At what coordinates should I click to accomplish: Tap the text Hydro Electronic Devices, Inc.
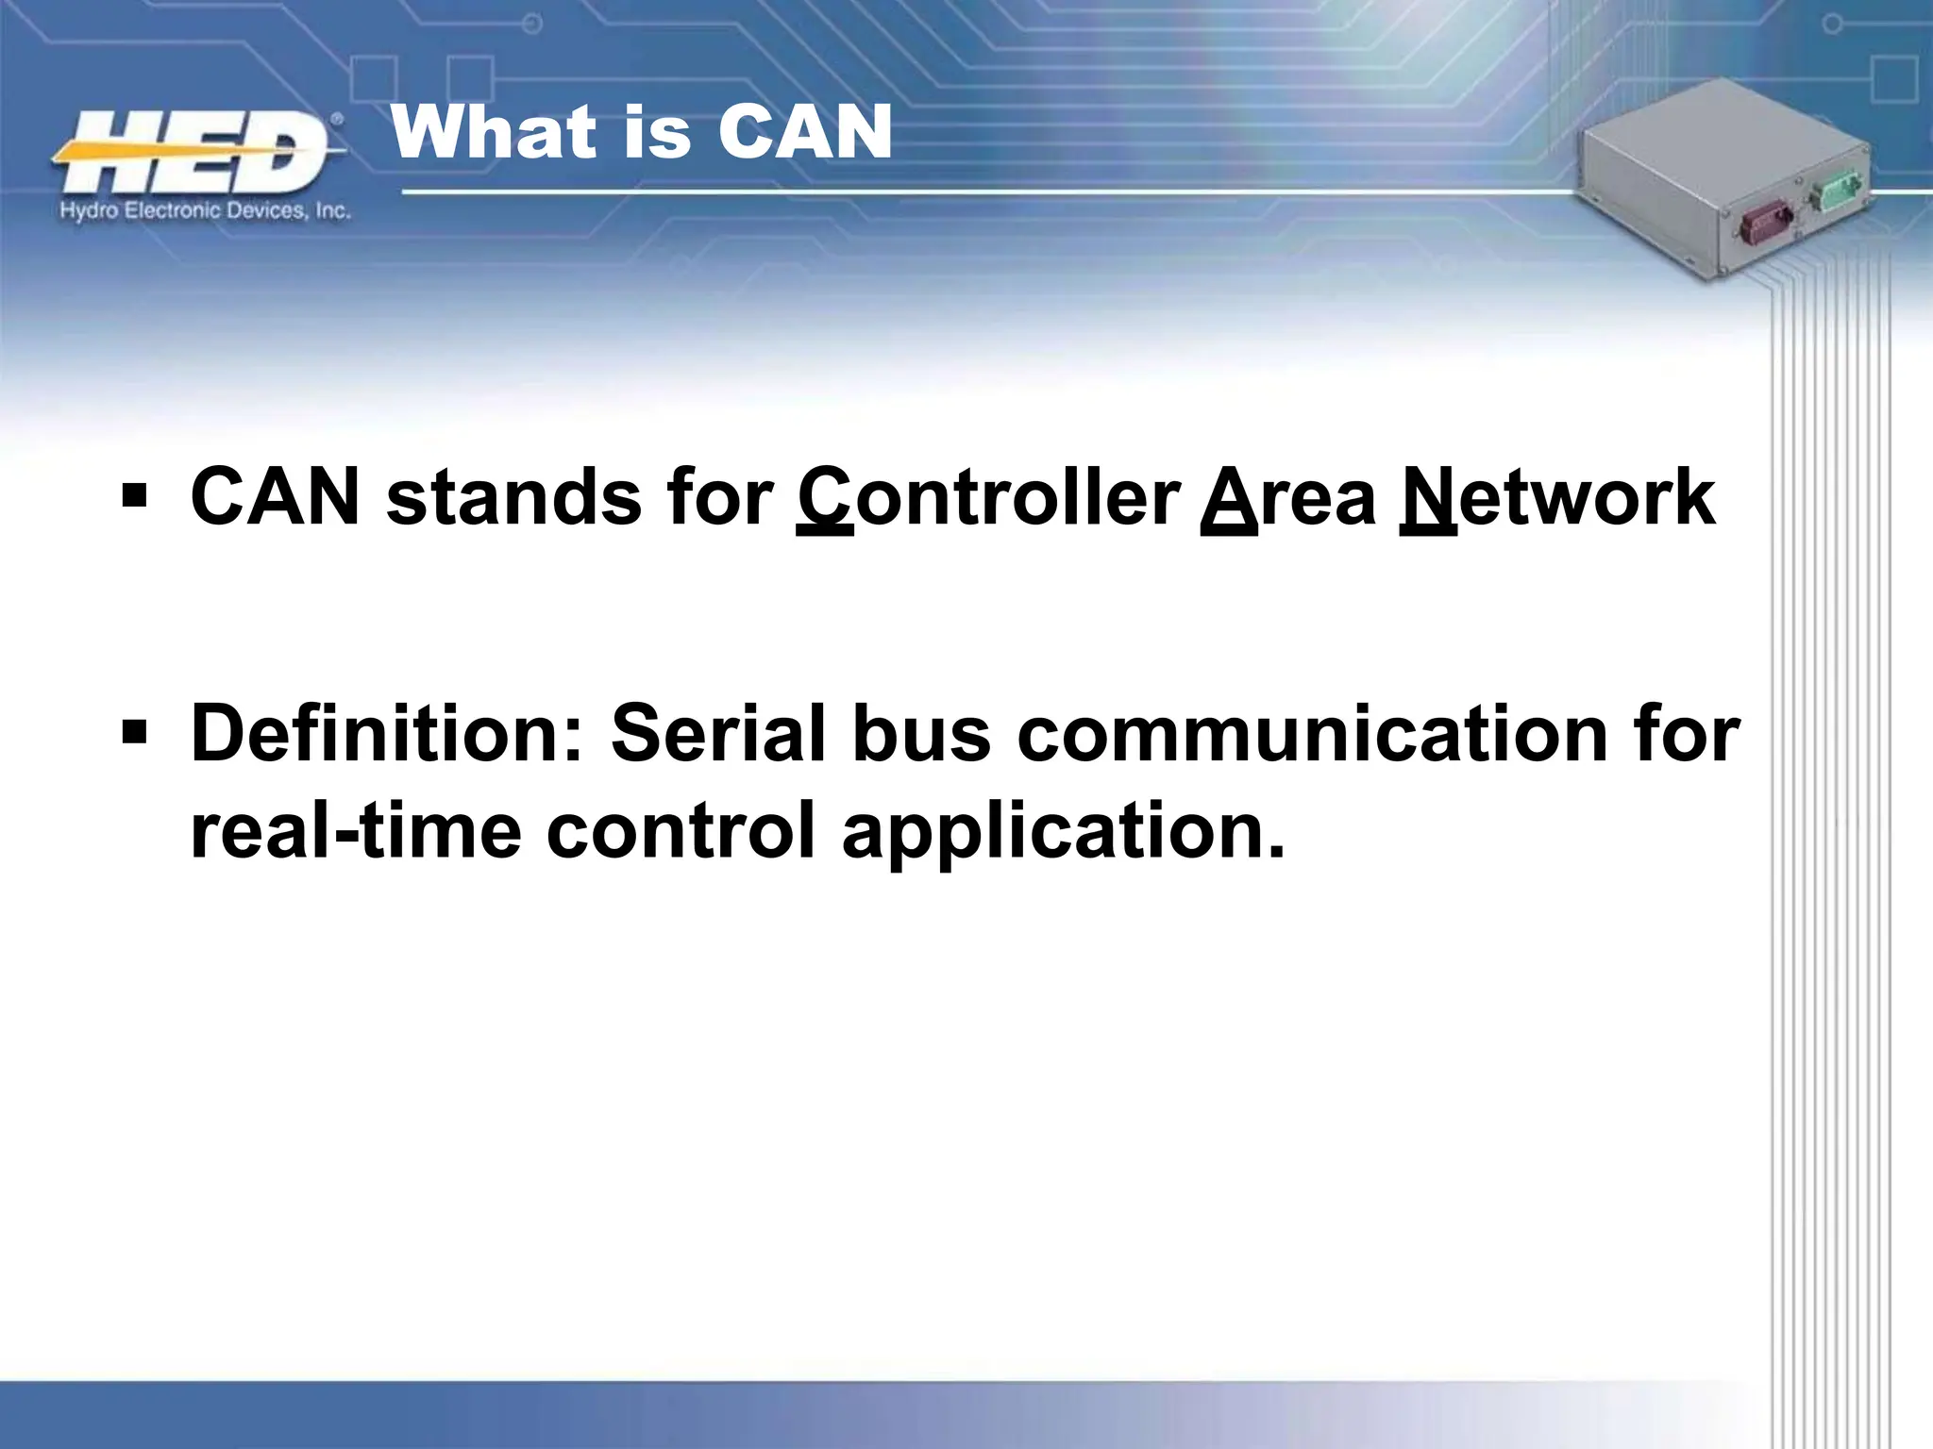(x=205, y=211)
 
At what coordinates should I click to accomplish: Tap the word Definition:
(x=387, y=733)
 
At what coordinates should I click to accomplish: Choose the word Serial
(x=718, y=733)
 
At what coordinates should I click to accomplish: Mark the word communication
(x=1312, y=733)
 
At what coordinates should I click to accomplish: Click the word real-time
(x=355, y=831)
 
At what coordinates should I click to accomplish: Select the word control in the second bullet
(x=681, y=831)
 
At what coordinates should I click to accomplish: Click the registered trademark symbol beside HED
(x=337, y=120)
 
